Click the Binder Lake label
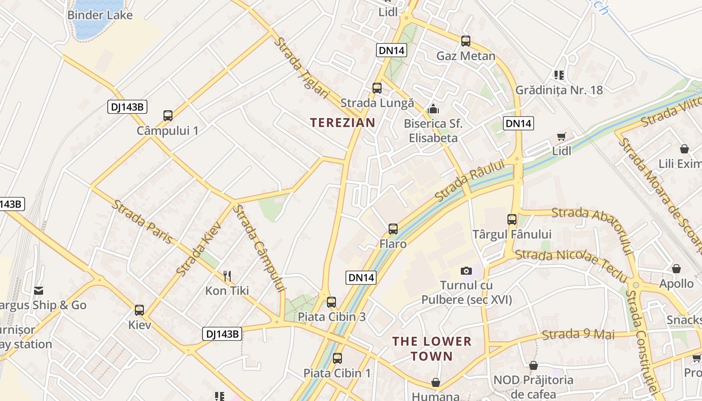coord(100,15)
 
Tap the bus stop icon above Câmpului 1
coord(168,116)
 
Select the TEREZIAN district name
coord(342,123)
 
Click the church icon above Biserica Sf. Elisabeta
coord(433,108)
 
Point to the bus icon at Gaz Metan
coord(466,41)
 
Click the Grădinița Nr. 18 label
coord(559,90)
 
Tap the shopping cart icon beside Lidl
coord(562,137)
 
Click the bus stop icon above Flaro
coord(393,229)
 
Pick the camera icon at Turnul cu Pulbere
coord(466,271)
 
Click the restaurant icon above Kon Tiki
coord(227,276)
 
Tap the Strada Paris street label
coord(142,222)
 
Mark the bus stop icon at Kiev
coord(139,310)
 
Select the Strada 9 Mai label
coord(578,334)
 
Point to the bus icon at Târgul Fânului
coord(512,219)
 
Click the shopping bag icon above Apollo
coord(676,269)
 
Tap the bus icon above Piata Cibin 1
coord(337,358)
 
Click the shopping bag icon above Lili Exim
coord(684,149)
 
